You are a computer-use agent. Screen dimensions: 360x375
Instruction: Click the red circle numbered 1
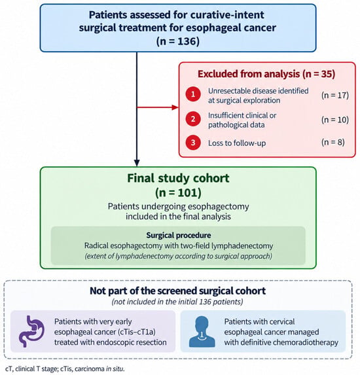(x=193, y=94)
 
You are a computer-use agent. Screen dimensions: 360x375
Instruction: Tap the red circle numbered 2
(x=193, y=119)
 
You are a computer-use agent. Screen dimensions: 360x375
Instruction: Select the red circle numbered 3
(x=193, y=143)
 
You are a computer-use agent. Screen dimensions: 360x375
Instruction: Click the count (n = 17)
(x=335, y=95)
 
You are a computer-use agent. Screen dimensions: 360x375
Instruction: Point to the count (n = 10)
(x=335, y=120)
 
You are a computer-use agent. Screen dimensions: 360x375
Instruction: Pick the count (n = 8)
(x=333, y=142)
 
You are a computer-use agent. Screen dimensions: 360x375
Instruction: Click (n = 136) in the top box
(x=178, y=41)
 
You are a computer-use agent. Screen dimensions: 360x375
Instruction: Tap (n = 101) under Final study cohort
(x=178, y=192)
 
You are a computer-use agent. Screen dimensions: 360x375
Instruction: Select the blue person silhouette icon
(x=202, y=331)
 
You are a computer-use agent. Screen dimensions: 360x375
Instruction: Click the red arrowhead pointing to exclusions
(x=175, y=107)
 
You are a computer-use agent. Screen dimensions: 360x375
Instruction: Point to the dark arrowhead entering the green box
(x=137, y=163)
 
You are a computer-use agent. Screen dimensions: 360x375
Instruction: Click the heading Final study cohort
(x=178, y=178)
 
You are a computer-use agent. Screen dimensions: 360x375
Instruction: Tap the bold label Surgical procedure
(x=179, y=236)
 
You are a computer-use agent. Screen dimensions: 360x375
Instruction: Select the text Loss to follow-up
(x=237, y=143)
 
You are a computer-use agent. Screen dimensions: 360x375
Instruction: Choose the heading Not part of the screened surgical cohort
(x=178, y=291)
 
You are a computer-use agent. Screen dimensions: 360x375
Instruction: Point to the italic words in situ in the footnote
(x=115, y=368)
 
